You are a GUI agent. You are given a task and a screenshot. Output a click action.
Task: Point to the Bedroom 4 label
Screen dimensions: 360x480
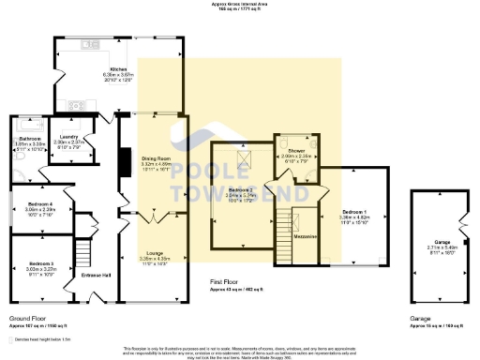click(39, 203)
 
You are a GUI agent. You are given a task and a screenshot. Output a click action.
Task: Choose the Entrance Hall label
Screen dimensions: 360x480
click(97, 274)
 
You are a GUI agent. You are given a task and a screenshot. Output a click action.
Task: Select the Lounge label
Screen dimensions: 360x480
click(153, 253)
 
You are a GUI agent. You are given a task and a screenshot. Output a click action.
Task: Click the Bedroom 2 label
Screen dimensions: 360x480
click(241, 190)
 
